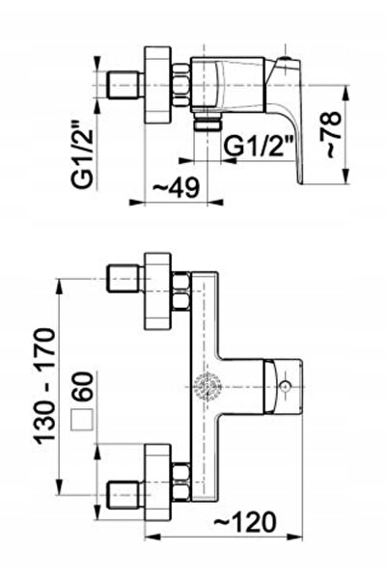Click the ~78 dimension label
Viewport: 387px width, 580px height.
(330, 134)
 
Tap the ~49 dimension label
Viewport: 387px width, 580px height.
(177, 187)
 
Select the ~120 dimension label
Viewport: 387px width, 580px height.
(245, 522)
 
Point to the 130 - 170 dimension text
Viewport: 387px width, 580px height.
(44, 386)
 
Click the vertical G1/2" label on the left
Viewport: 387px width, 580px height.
(81, 154)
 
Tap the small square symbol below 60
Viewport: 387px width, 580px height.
(82, 420)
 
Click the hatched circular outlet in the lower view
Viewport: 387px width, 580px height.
(207, 386)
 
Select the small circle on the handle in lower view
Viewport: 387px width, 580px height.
(285, 387)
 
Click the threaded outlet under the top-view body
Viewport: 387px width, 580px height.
(207, 121)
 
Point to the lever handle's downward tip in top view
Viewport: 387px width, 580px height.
(300, 182)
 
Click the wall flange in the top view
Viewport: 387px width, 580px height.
(157, 85)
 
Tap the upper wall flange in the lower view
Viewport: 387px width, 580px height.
(158, 291)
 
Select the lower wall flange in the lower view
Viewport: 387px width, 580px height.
(158, 482)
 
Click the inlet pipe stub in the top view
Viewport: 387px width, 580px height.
(125, 85)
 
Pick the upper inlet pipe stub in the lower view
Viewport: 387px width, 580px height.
(125, 278)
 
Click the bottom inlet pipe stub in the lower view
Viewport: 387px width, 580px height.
(125, 495)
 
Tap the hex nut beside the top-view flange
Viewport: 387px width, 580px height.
(181, 85)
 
